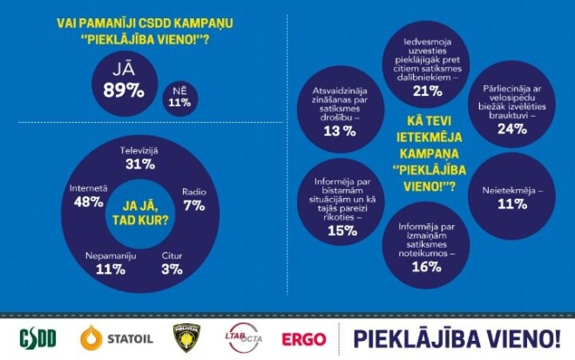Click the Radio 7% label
[x=193, y=198]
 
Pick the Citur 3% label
[x=172, y=262]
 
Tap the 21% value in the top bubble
[x=427, y=91]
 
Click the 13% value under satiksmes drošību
[x=338, y=131]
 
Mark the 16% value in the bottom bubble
[x=426, y=267]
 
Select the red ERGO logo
[x=304, y=338]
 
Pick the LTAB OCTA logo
[x=244, y=336]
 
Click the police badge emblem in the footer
[x=185, y=337]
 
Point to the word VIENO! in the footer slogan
[x=521, y=337]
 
